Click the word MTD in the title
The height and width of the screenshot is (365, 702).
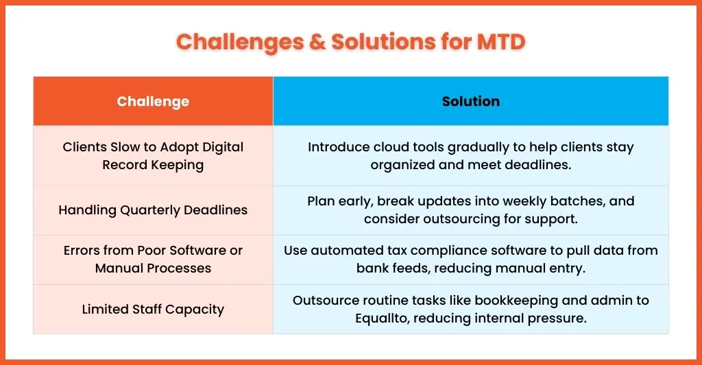coord(501,42)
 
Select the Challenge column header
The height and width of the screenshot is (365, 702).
coord(153,101)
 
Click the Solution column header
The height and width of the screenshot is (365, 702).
coord(471,101)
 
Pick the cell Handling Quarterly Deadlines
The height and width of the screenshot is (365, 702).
coord(153,210)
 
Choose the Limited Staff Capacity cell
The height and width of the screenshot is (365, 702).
coord(153,309)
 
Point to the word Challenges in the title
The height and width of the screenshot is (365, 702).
coord(239,42)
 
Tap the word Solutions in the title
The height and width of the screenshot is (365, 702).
coord(383,42)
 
